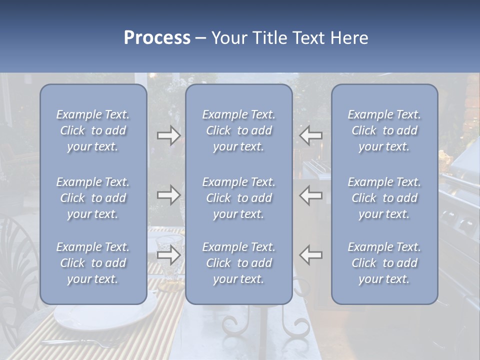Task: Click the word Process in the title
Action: click(157, 38)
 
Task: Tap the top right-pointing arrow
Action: click(169, 135)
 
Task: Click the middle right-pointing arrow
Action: click(169, 195)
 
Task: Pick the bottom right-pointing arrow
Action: click(169, 255)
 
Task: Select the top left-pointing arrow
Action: click(310, 135)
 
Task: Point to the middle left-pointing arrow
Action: click(310, 195)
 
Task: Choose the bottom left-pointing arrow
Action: click(310, 255)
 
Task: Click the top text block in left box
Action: click(93, 130)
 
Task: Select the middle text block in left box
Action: click(93, 198)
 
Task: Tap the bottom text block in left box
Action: click(93, 263)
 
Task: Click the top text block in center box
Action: click(239, 130)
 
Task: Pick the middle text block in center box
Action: click(239, 198)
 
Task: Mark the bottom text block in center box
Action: click(239, 263)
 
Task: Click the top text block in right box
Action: click(384, 130)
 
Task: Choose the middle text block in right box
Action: click(384, 198)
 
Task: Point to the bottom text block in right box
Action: click(384, 263)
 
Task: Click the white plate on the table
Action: click(105, 315)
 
